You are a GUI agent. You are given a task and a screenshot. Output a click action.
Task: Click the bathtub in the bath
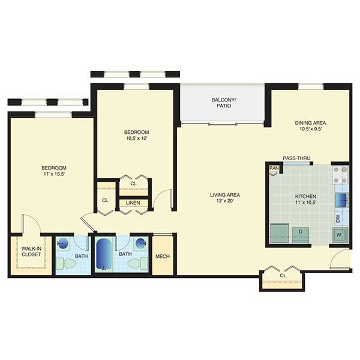point(103,254)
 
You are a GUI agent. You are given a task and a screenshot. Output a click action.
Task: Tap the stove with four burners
point(341,175)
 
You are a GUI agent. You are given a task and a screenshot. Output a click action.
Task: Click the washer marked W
point(340,235)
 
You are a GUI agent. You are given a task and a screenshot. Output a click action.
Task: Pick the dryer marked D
point(301,235)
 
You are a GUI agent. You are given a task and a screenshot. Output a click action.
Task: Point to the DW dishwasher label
point(338,218)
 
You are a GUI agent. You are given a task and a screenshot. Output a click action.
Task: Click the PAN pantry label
point(274,168)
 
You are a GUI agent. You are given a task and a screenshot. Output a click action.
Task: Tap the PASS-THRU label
point(296,158)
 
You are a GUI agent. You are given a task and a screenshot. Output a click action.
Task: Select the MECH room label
point(163,256)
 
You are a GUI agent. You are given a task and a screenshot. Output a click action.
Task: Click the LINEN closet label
point(133,203)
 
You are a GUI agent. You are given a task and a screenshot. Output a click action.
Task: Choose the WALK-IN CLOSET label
point(31,251)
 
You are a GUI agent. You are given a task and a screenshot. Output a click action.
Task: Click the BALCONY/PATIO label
point(224,103)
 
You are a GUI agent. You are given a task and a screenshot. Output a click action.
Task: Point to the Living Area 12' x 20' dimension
point(225,201)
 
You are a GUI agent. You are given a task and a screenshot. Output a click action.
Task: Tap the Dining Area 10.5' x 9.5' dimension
point(310,129)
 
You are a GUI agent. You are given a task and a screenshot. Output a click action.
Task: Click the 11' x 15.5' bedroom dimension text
point(54,174)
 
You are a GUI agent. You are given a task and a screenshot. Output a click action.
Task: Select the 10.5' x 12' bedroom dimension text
point(136,138)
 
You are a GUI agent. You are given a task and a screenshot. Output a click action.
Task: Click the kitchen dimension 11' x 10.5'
point(305,202)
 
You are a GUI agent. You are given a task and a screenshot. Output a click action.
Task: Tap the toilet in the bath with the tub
point(137,263)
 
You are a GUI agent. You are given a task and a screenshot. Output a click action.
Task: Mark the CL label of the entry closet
point(283,275)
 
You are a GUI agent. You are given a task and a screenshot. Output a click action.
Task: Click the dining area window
point(311,86)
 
